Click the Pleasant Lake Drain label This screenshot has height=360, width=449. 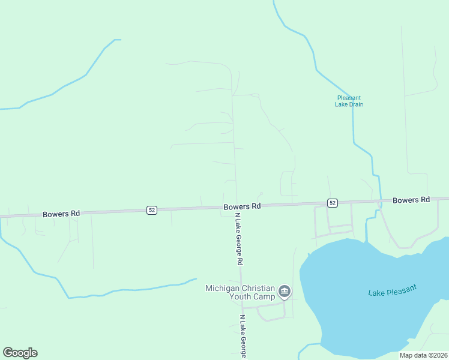pyautogui.click(x=349, y=101)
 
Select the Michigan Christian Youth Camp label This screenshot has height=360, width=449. pyautogui.click(x=240, y=292)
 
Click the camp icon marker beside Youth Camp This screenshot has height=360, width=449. pyautogui.click(x=285, y=292)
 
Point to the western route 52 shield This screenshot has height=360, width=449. pyautogui.click(x=152, y=210)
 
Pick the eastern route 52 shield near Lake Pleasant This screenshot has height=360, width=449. pyautogui.click(x=333, y=203)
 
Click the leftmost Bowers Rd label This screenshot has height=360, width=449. pyautogui.click(x=61, y=214)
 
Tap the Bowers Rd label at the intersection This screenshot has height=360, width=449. pyautogui.click(x=242, y=206)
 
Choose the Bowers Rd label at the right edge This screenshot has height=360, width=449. pyautogui.click(x=411, y=200)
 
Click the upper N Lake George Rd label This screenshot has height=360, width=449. pyautogui.click(x=239, y=239)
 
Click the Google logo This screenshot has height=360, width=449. pyautogui.click(x=20, y=353)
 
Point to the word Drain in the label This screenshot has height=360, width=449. pyautogui.click(x=355, y=104)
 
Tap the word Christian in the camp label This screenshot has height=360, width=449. pyautogui.click(x=259, y=287)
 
